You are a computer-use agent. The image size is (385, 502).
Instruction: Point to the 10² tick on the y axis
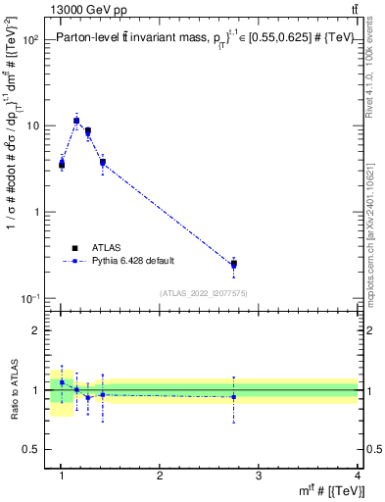[x=31, y=40]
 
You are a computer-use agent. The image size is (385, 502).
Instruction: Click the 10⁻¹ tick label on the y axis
[x=31, y=298]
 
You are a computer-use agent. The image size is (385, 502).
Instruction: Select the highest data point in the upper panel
[x=76, y=121]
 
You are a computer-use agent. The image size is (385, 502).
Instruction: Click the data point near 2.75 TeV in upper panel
[x=233, y=264]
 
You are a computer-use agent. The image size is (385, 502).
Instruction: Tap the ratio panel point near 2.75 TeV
[x=233, y=397]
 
